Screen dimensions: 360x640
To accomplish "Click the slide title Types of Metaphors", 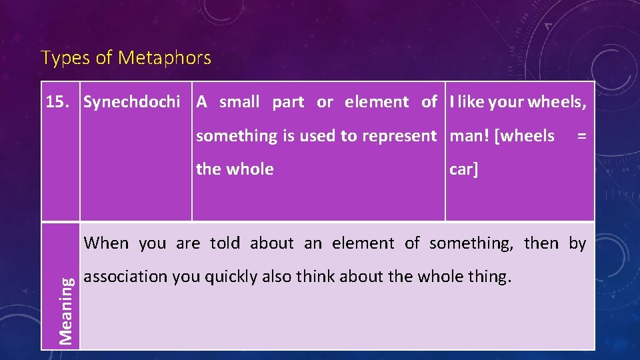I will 126,58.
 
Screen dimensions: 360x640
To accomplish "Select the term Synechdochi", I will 131,102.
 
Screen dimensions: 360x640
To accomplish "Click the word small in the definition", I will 239,102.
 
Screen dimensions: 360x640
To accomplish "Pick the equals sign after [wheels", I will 581,136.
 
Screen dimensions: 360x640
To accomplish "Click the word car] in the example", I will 464,169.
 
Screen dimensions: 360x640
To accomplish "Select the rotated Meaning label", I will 65,310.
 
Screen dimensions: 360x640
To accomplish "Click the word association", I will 126,277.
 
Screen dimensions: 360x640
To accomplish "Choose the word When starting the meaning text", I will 107,243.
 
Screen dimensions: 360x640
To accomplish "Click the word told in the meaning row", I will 225,243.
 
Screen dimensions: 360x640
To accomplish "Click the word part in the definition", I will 288,102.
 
